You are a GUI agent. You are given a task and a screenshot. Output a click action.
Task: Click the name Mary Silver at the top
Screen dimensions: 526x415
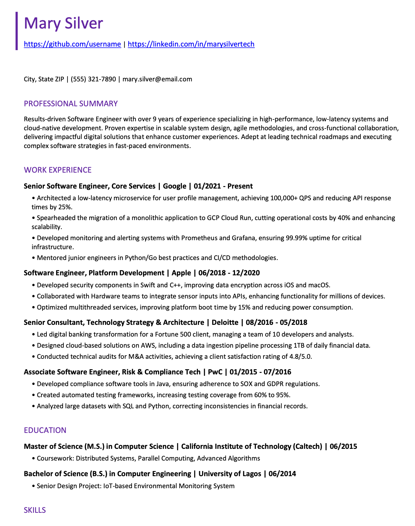coord(63,23)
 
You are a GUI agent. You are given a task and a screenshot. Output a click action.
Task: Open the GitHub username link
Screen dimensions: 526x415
coord(72,44)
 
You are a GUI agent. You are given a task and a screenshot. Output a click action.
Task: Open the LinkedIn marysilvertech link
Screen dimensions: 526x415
coord(191,44)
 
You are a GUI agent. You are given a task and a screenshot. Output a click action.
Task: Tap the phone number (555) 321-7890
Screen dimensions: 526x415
coord(93,79)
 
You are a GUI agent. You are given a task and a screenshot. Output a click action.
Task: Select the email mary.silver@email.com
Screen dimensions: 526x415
coord(157,79)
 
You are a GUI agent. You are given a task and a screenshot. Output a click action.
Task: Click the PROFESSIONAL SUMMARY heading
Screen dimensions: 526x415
coord(71,104)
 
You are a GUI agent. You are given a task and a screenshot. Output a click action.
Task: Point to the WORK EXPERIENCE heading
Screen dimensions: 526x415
coord(58,170)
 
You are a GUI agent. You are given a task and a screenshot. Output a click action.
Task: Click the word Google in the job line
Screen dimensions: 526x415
coord(175,186)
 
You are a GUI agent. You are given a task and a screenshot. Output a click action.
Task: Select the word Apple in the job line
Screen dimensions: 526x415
coord(181,273)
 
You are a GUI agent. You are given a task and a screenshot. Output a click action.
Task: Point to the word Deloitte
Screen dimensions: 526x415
coord(225,322)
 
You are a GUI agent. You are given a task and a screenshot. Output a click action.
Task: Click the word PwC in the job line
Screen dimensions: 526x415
coord(215,372)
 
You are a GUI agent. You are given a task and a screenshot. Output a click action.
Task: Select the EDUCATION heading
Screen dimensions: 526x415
coord(45,430)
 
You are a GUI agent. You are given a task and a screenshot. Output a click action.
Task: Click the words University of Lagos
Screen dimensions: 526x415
coord(230,474)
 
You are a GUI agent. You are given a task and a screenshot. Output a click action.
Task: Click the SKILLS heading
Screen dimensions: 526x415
coord(35,510)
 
